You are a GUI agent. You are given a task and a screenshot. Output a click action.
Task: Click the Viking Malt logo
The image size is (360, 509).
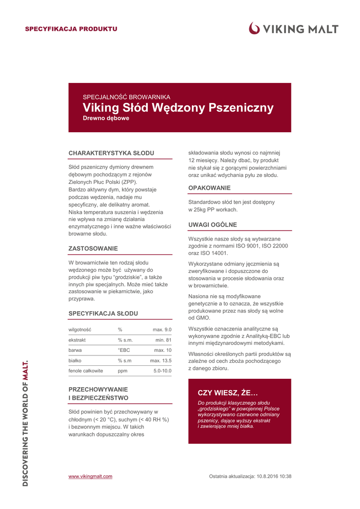click(x=294, y=29)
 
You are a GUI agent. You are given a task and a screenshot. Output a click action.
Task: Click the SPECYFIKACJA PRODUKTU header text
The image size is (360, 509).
click(x=71, y=29)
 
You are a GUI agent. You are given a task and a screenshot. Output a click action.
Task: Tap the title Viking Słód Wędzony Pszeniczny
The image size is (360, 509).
click(x=178, y=108)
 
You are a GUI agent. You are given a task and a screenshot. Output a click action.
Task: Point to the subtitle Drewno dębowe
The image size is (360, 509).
click(x=106, y=118)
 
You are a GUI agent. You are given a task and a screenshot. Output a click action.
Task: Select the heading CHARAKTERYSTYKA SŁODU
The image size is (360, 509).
click(x=111, y=153)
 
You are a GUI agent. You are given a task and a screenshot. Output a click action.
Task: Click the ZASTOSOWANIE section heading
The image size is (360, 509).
click(x=93, y=248)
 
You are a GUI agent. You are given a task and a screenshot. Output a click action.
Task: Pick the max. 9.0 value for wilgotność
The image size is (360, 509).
click(x=162, y=330)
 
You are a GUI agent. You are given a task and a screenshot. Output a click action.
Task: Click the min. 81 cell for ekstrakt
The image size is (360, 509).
click(x=163, y=340)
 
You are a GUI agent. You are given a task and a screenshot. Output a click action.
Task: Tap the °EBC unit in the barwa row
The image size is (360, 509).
click(x=124, y=350)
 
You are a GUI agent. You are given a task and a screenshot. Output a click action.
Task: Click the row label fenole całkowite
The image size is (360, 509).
click(x=86, y=371)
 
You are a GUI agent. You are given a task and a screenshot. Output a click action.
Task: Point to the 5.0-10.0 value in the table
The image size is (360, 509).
click(x=162, y=371)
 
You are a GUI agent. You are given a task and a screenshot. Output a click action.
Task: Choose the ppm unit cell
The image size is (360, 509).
click(x=122, y=371)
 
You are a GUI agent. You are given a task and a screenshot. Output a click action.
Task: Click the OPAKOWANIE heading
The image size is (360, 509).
click(x=209, y=188)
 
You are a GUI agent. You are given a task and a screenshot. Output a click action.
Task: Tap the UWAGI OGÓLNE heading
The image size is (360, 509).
click(x=212, y=225)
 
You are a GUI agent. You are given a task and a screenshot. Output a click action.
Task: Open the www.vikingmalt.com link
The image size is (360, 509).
click(x=90, y=476)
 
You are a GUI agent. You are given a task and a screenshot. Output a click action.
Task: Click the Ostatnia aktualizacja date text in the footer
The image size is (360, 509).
click(x=250, y=476)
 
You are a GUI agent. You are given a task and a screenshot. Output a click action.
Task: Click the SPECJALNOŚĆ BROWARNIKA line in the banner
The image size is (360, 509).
click(x=126, y=97)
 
